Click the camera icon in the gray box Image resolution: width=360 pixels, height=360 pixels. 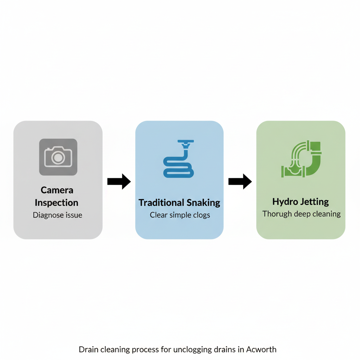click(58, 157)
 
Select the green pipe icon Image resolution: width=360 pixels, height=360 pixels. click(301, 159)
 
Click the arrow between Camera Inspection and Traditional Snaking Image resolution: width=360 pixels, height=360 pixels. click(119, 181)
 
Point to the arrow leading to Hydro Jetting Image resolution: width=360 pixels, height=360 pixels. click(240, 181)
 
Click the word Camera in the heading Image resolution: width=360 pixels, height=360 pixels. click(57, 190)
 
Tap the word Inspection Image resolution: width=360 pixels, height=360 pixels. click(57, 203)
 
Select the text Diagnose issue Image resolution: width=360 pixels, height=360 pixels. click(57, 215)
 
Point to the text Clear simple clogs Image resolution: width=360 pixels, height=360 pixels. click(180, 215)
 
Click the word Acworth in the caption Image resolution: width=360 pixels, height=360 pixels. click(261, 349)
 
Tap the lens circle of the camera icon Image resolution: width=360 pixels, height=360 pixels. click(58, 158)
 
